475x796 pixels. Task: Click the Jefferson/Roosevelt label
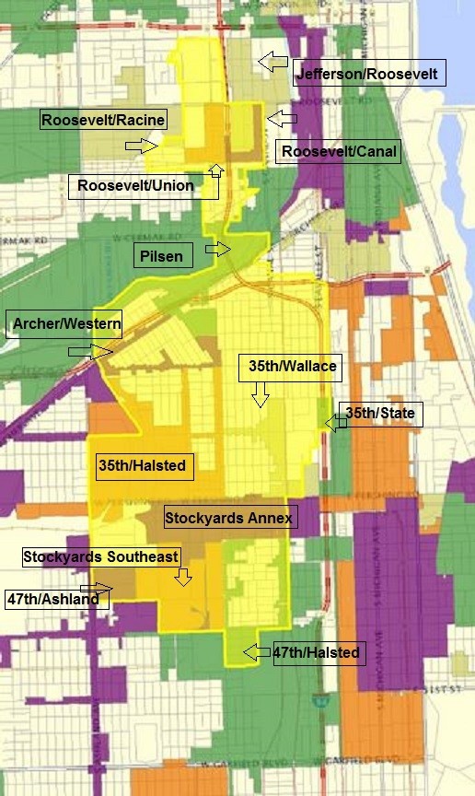coord(369,74)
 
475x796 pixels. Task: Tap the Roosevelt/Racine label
coord(103,120)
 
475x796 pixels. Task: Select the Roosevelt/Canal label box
coord(340,151)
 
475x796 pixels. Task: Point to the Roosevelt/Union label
coord(135,186)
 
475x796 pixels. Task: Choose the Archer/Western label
coord(64,325)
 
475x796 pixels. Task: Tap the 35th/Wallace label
coord(292,367)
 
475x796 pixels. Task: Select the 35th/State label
coord(380,414)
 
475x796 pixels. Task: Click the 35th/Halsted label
coord(143,466)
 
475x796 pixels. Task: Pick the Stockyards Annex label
coord(228,518)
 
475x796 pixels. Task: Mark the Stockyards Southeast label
coord(100,556)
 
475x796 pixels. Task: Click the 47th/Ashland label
coord(57,599)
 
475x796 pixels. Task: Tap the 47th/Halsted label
coord(316,653)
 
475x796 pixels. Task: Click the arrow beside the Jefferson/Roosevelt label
coord(272,63)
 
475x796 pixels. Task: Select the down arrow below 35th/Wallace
coord(260,394)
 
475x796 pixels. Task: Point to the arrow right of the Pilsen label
coord(218,249)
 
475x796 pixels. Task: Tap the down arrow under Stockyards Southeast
coord(183,577)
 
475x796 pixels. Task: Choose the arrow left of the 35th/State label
coord(331,422)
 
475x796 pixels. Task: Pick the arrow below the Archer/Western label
coord(90,351)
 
